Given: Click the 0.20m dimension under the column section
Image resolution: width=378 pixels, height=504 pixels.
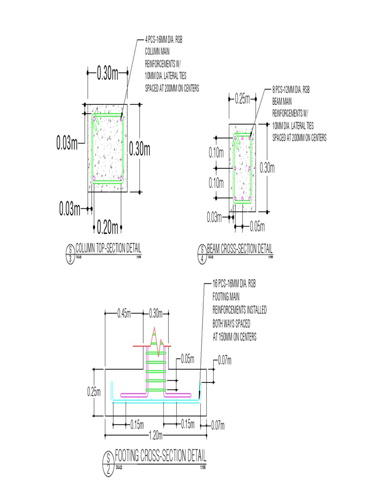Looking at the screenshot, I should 107,227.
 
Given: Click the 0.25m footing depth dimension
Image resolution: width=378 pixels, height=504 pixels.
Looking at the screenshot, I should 94,392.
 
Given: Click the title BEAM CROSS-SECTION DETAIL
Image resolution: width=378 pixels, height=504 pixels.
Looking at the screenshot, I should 240,249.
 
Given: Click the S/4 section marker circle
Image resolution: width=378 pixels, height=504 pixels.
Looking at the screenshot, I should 202,255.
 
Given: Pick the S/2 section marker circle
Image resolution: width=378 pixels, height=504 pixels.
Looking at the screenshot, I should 108,463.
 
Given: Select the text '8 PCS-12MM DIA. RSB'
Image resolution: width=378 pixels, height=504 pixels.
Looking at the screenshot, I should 291,90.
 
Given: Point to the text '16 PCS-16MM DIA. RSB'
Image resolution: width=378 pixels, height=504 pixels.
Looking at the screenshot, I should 234,284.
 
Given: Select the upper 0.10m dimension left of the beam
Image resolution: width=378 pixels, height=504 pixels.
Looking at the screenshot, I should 216,153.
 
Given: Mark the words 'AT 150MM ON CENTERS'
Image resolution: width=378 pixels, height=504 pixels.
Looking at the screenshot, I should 234,338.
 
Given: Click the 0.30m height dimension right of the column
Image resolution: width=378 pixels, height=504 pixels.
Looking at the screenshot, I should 140,149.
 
